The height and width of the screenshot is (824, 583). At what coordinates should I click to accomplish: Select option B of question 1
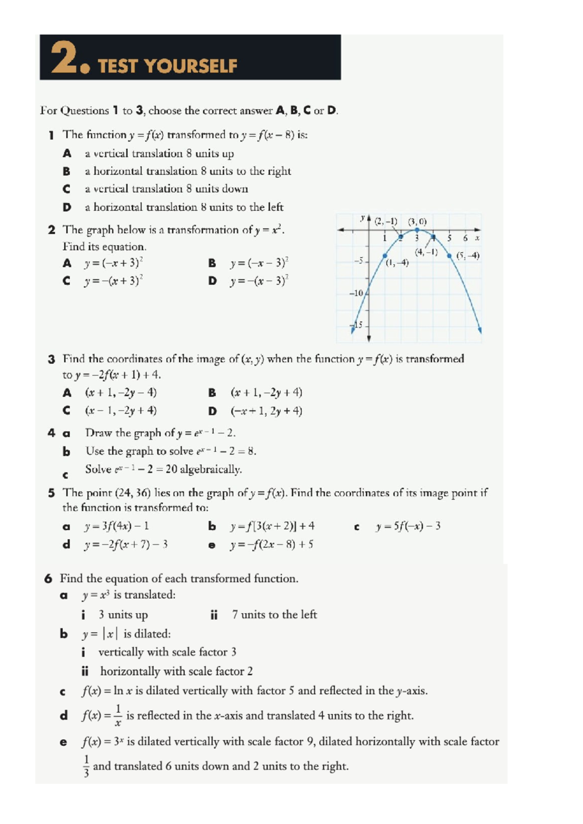187,171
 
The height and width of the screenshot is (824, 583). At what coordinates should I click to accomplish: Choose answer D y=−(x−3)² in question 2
258,281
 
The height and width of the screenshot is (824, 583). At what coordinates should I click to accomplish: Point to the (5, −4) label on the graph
468,256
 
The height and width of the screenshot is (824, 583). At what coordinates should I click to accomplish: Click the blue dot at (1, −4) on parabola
385,255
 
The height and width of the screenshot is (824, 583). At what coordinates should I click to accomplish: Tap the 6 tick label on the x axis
465,238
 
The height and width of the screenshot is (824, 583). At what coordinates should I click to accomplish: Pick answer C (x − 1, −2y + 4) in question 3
120,411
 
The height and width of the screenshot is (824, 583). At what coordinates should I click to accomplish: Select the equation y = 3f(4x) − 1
116,526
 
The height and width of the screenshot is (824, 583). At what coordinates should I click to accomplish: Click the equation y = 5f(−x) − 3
408,526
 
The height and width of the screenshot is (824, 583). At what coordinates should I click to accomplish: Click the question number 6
48,579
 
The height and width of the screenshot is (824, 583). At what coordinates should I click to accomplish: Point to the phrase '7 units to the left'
274,615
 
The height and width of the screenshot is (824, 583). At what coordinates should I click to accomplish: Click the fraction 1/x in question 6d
118,716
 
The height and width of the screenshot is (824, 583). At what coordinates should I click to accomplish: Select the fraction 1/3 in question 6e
86,766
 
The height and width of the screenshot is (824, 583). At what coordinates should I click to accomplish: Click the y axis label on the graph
362,218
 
